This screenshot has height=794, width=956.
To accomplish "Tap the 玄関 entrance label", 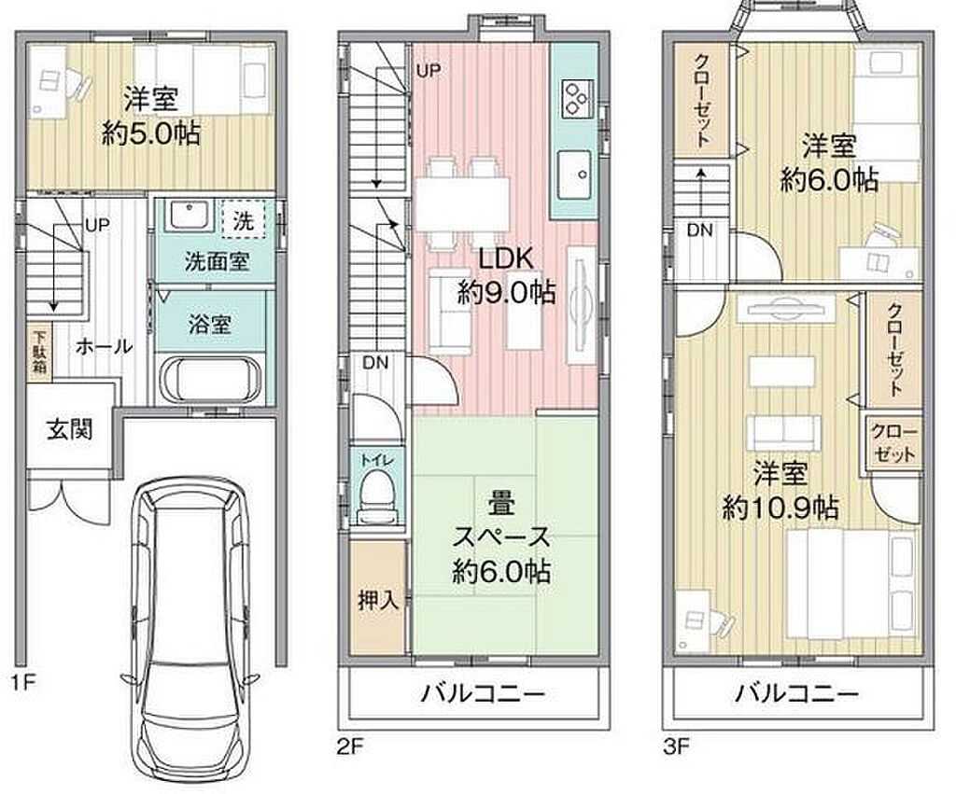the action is [x=69, y=430].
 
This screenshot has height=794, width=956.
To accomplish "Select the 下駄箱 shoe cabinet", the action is [x=39, y=351].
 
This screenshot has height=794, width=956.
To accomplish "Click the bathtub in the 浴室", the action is [x=210, y=378].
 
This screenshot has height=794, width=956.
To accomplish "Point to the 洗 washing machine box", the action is [x=244, y=218].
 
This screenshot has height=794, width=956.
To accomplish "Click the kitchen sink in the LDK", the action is [x=574, y=174].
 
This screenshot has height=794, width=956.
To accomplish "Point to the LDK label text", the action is [x=505, y=258].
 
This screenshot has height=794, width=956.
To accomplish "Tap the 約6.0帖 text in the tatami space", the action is [x=501, y=572].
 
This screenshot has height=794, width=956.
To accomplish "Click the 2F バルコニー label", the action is [x=483, y=693].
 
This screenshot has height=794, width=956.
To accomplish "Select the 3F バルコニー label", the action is [x=796, y=693].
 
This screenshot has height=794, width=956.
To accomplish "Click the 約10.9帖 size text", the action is [x=780, y=507].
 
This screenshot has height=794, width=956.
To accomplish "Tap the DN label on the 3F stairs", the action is [x=699, y=230].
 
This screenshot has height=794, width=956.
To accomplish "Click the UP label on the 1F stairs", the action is [x=97, y=226].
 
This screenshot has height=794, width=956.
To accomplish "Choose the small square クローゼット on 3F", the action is [x=894, y=442].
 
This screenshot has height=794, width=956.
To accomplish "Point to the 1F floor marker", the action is [x=23, y=682].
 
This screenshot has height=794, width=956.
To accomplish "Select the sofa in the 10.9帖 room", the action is [x=783, y=432].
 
